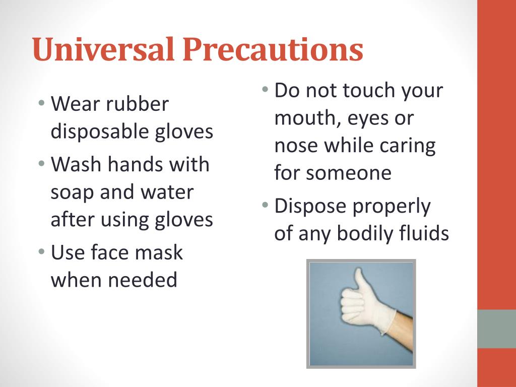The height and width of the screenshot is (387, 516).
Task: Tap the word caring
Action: pyautogui.click(x=408, y=146)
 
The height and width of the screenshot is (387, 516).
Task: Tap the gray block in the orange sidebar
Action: pyautogui.click(x=496, y=329)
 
